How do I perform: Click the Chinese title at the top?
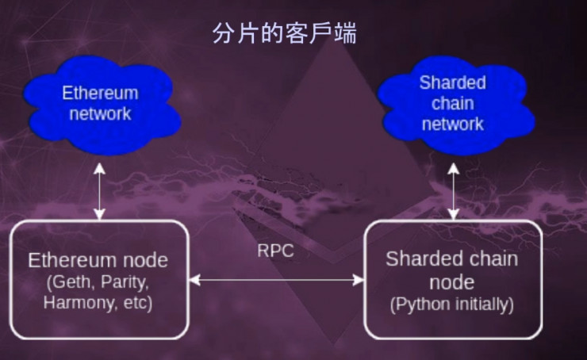[283, 33]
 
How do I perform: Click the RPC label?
[275, 251]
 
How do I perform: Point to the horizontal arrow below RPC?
[276, 279]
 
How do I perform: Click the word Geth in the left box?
[67, 282]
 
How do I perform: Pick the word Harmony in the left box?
[74, 302]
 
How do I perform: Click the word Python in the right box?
[420, 304]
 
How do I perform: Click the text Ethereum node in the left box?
[98, 261]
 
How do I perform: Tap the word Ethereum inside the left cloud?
[100, 93]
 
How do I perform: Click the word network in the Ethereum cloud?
[100, 113]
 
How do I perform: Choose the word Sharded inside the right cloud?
[452, 82]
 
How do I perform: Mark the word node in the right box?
[452, 282]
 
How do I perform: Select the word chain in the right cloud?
[453, 104]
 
